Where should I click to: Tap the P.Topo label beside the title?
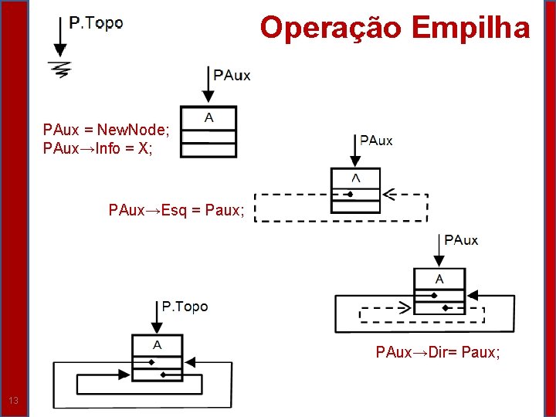click(96, 23)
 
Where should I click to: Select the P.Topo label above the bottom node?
click(185, 307)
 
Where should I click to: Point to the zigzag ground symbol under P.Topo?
click(59, 69)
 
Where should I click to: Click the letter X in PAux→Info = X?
click(143, 147)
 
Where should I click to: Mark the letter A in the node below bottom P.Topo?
click(157, 344)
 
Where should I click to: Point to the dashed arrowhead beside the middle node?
click(389, 195)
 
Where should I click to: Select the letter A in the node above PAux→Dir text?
click(439, 279)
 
